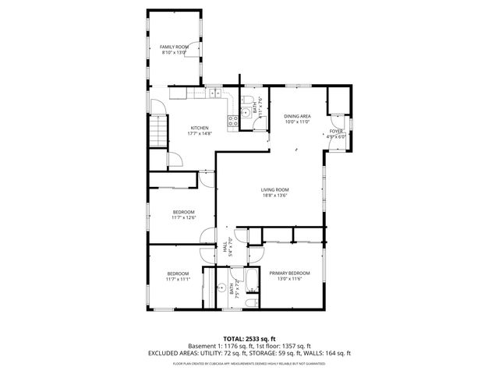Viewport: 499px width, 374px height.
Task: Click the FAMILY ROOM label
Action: [175, 48]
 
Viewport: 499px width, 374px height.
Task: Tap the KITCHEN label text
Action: [200, 128]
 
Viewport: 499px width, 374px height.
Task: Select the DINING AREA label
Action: [297, 115]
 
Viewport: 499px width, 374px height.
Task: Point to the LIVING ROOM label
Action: [274, 189]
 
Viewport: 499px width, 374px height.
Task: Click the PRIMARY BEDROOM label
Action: [289, 273]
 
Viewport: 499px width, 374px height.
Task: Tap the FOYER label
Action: [335, 131]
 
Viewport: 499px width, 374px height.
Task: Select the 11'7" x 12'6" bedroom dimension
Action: [183, 218]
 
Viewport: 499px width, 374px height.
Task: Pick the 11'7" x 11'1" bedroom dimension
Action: [178, 279]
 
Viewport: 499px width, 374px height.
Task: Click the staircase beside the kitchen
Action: [159, 129]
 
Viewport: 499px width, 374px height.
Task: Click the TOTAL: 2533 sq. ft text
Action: [249, 337]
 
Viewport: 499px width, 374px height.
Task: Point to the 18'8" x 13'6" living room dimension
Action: [274, 196]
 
